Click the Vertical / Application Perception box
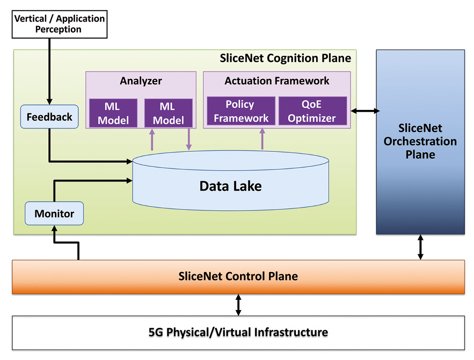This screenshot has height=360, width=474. pos(59,24)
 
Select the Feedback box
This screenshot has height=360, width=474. pos(49,117)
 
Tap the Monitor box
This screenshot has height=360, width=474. pos(54,214)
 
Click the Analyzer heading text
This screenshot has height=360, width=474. pos(141,81)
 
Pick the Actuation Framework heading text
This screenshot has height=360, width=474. pos(276,81)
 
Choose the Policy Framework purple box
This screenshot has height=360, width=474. pos(239,111)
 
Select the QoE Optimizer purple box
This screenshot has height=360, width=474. pos(312,111)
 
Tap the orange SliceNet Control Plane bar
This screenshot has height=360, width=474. pos(238,277)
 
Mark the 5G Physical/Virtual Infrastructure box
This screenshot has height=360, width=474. pos(238,332)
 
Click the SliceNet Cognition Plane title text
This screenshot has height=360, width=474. pos(286,58)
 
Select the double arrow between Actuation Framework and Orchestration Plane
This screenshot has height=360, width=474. pos(365,111)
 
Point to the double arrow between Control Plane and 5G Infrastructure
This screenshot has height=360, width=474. pos(238,304)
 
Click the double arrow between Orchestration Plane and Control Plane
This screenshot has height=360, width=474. pos(420,247)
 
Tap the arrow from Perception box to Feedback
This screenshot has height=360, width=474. pos(49,70)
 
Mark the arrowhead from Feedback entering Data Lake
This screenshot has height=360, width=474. pos(129,160)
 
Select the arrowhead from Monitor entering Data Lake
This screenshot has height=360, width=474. pos(129,181)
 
